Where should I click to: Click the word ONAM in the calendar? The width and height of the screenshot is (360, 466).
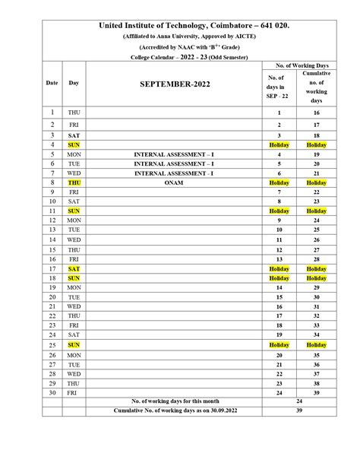click(174, 182)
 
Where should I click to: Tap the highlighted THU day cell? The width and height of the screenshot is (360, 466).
click(74, 182)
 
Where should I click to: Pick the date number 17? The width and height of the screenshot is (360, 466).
click(52, 268)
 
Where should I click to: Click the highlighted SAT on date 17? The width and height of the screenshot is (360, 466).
click(74, 268)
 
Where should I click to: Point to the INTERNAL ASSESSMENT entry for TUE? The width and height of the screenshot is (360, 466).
click(174, 163)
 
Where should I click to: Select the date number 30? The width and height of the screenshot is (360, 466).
click(52, 392)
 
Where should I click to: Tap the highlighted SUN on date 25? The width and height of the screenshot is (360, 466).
click(74, 344)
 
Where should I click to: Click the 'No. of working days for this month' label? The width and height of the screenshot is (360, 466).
click(174, 401)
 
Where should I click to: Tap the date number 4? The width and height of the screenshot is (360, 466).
click(52, 144)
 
